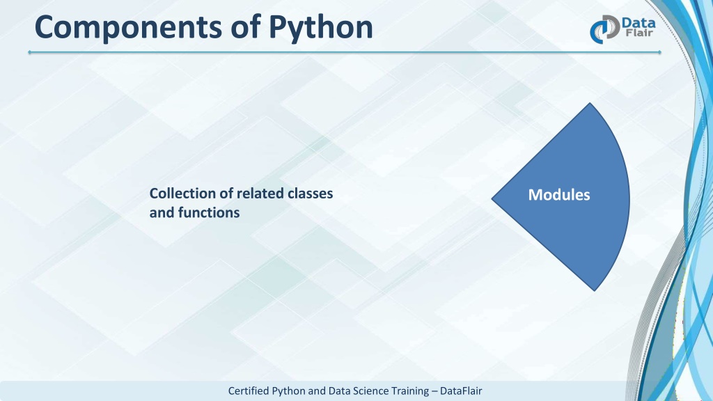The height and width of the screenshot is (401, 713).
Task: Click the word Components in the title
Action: (129, 28)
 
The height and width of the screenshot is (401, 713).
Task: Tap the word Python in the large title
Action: (321, 28)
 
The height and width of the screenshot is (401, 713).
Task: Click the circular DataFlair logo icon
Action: (605, 29)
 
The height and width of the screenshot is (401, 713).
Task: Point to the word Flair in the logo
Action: (639, 33)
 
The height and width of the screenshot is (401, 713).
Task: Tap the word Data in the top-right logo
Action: (638, 22)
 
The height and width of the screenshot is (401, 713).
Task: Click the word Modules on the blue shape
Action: (559, 195)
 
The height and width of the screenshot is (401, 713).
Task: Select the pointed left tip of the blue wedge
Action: (492, 198)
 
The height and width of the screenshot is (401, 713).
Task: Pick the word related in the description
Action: (260, 194)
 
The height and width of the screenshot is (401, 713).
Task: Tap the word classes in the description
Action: (311, 194)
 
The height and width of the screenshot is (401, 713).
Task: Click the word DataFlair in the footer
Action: (461, 391)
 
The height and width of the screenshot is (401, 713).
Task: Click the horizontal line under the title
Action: (344, 52)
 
